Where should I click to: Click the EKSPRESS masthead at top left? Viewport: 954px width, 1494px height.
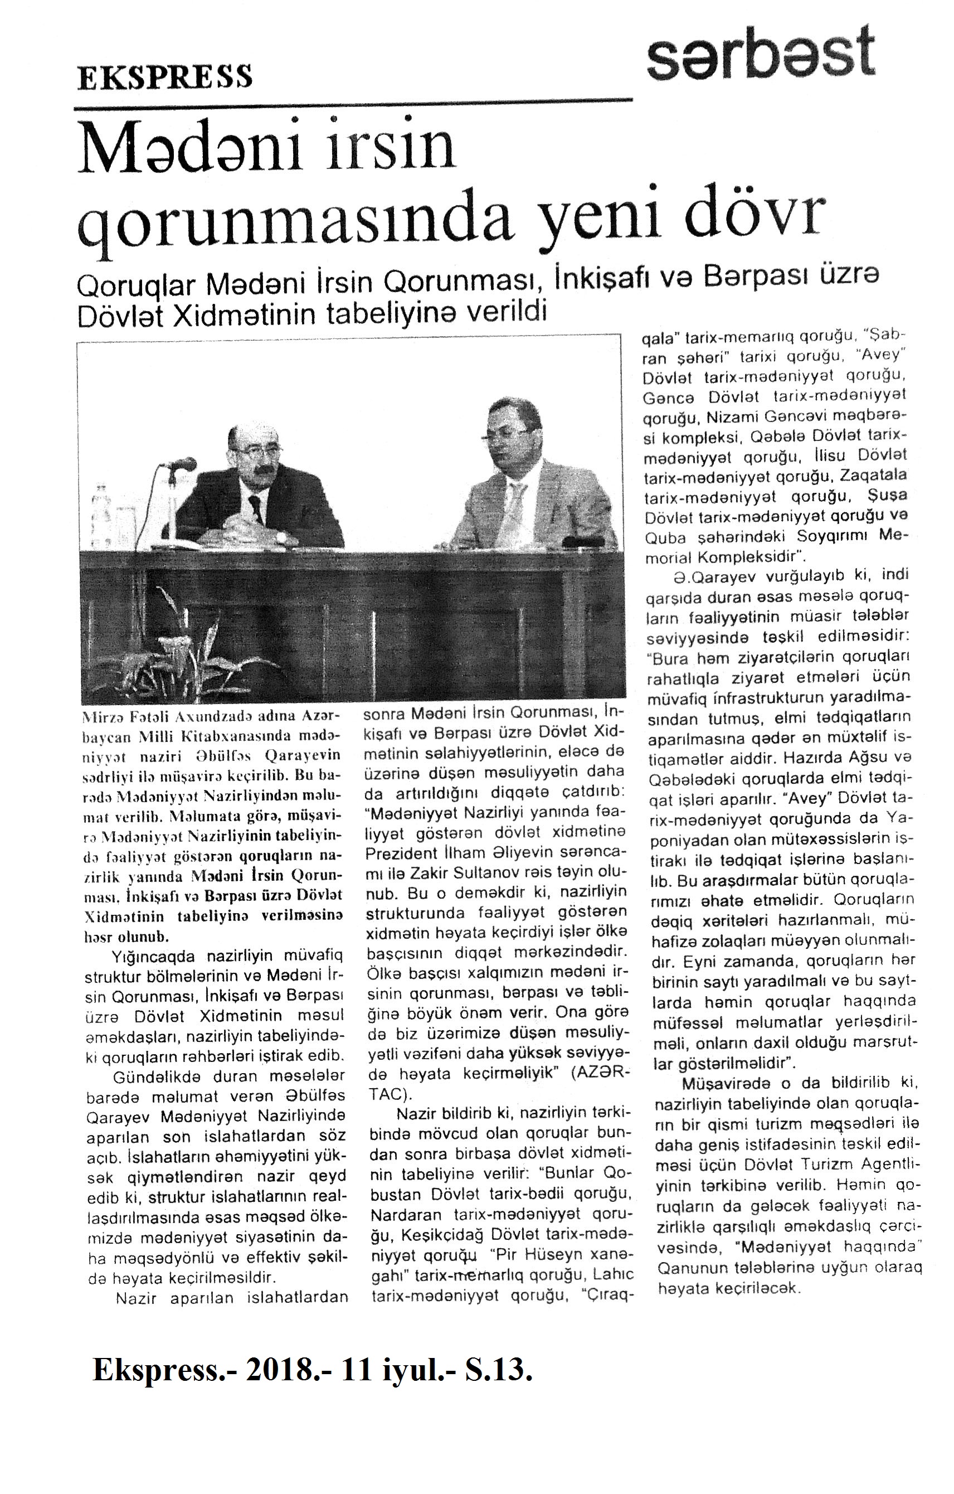pyautogui.click(x=164, y=77)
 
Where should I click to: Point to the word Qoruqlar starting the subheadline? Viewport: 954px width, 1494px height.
pyautogui.click(x=137, y=286)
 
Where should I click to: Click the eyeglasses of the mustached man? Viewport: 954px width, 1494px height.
pyautogui.click(x=254, y=450)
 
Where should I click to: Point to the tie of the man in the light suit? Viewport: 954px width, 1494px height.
pyautogui.click(x=514, y=506)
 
